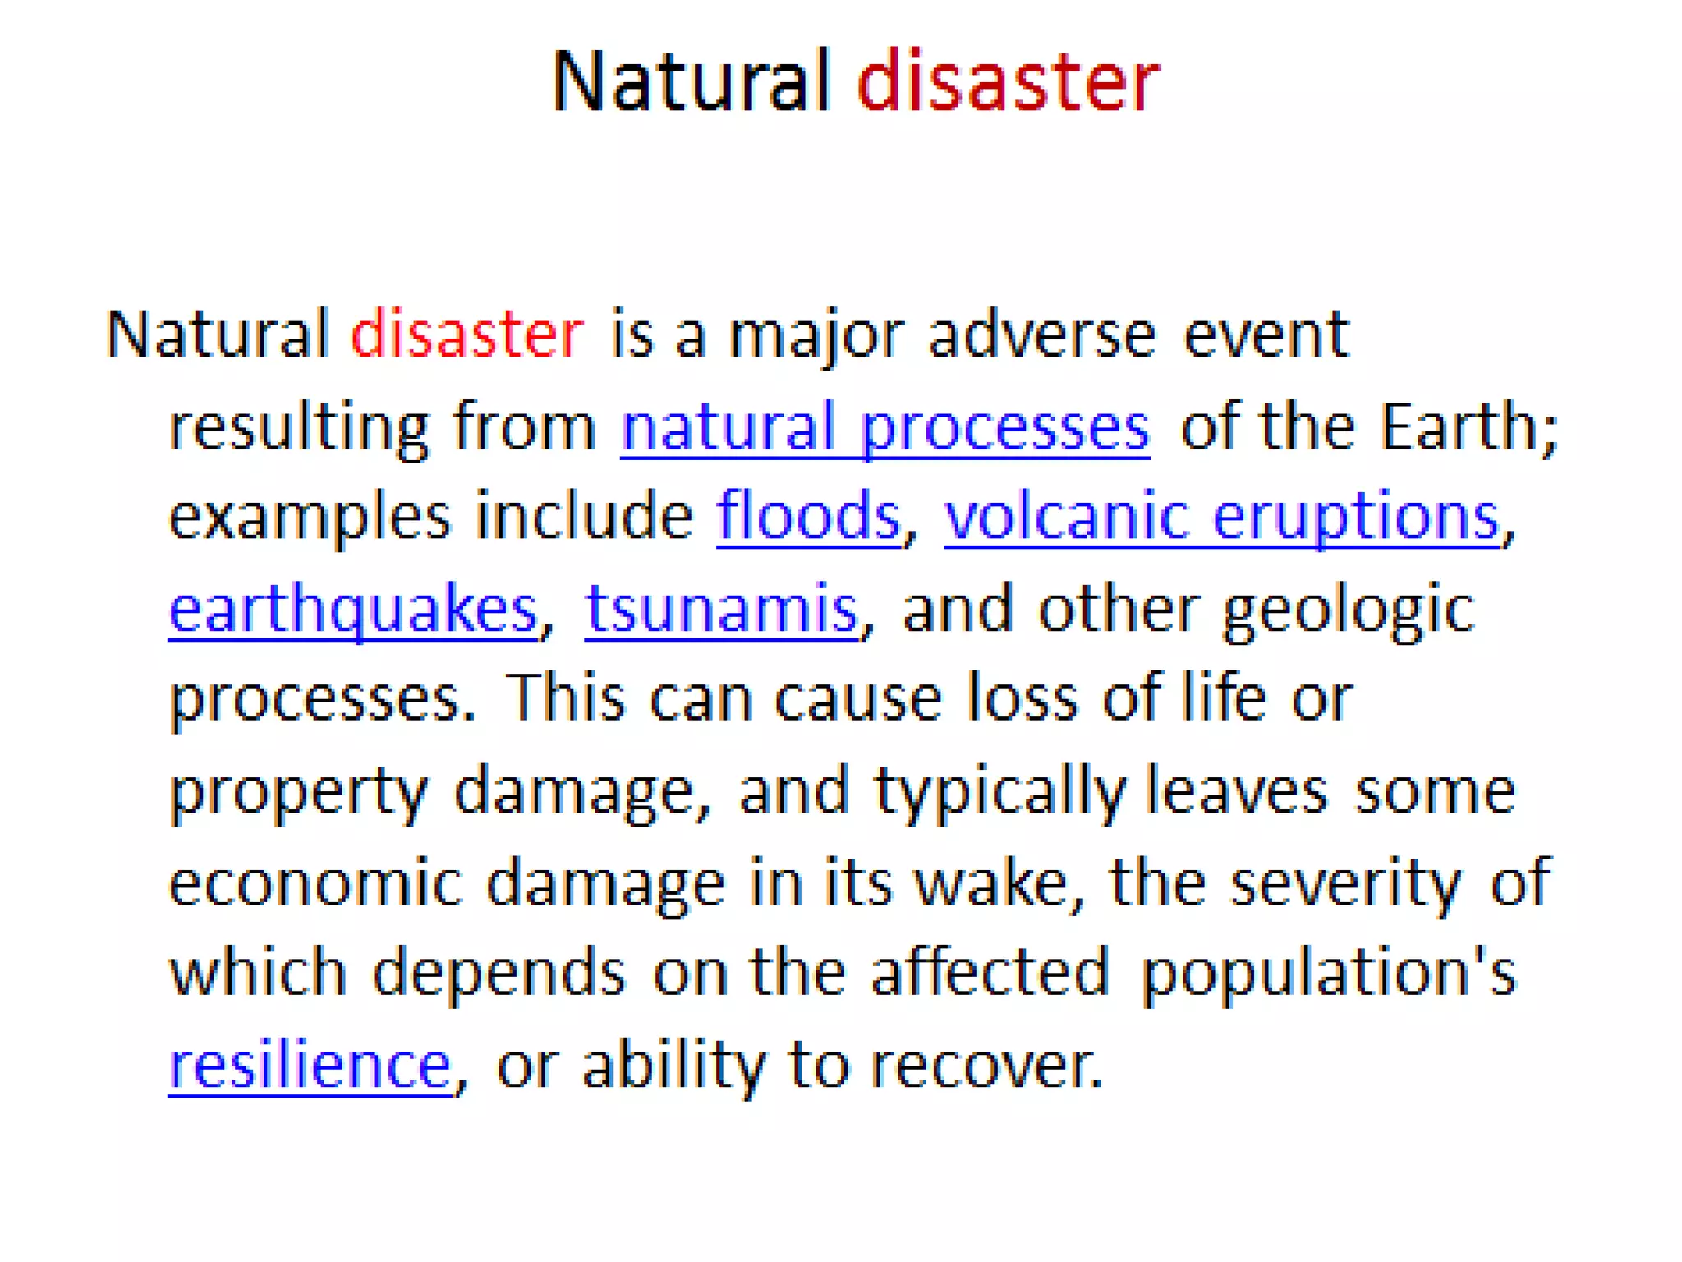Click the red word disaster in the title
click(x=1008, y=81)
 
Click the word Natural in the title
click(x=692, y=81)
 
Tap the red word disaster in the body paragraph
click(x=466, y=334)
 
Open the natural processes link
click(x=885, y=427)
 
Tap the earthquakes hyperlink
click(x=353, y=610)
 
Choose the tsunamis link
click(x=721, y=610)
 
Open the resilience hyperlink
click(x=310, y=1066)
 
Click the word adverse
click(x=1041, y=334)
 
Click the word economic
click(x=315, y=883)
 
